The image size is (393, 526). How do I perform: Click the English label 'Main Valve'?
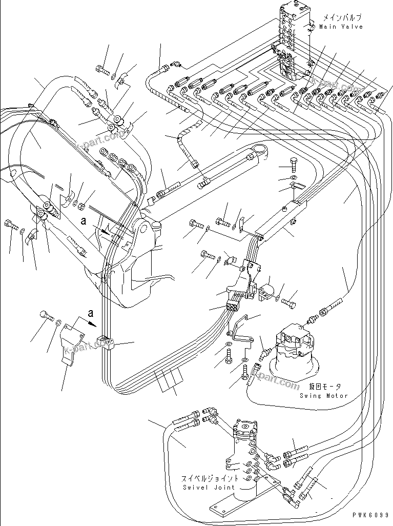tap(341, 27)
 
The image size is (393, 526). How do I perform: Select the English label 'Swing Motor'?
tap(324, 396)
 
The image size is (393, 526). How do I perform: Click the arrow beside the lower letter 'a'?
tap(92, 323)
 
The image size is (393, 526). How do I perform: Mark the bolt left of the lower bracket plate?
tap(47, 316)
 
